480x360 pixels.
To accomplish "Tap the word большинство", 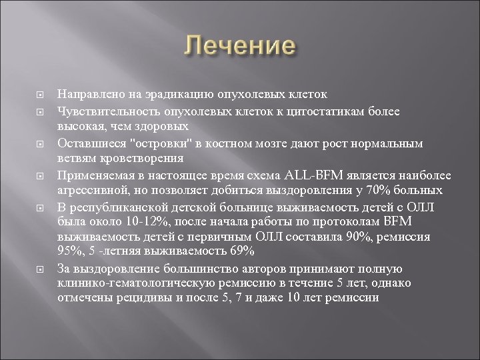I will point(183,270).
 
